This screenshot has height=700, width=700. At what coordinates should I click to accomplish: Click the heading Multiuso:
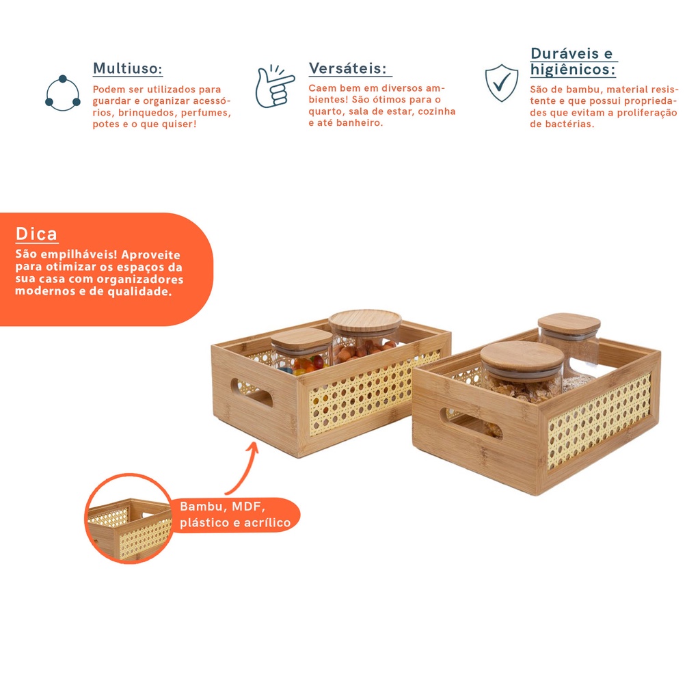pos(128,69)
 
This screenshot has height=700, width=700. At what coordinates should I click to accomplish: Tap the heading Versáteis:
pos(348,68)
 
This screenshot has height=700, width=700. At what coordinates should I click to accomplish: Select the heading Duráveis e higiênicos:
pos(574,62)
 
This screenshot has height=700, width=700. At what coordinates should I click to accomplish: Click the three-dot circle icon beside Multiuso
pos(62,93)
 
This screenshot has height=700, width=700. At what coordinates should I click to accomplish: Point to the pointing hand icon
pos(274,87)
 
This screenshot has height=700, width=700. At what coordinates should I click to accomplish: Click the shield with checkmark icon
pos(502,83)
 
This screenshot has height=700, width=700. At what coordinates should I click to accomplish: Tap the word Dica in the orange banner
pos(37,234)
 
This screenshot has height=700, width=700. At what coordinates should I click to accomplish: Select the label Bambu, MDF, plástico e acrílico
pos(235,514)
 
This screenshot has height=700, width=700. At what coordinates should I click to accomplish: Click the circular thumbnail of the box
pos(129,518)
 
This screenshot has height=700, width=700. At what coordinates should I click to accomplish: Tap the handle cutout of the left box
pos(252,392)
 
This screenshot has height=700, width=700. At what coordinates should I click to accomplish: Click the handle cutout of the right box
pos(471,422)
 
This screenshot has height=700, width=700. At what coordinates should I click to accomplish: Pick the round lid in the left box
pos(365,320)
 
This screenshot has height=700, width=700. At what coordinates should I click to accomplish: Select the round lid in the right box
pos(522,361)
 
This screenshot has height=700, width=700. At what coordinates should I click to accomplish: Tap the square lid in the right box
pos(569,323)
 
